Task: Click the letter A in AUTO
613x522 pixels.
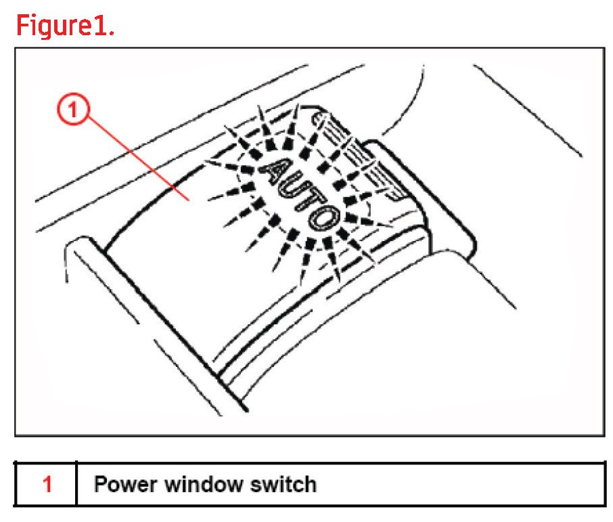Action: point(273,167)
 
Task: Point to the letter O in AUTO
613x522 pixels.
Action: point(324,219)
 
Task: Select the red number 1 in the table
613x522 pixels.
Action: point(47,485)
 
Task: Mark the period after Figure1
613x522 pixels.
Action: point(111,33)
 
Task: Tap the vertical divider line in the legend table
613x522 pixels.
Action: point(76,485)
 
